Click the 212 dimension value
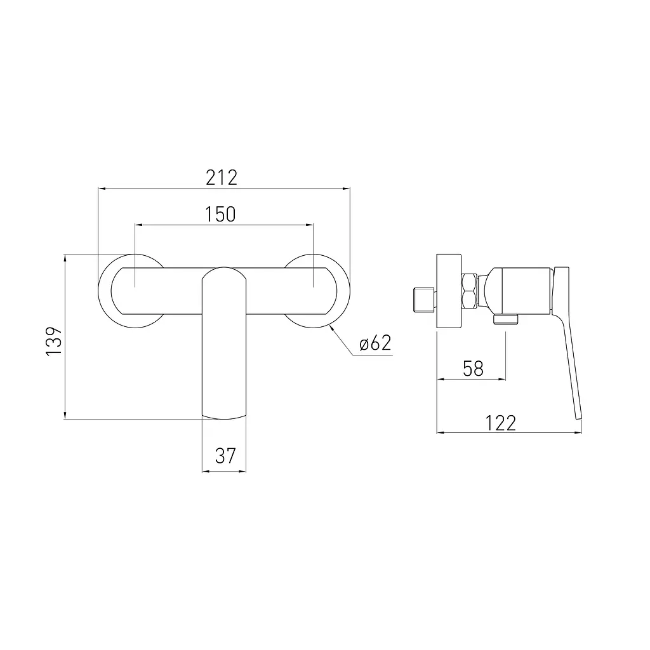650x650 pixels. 222,178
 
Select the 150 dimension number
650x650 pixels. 220,214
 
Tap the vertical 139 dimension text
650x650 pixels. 54,341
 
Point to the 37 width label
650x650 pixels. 225,456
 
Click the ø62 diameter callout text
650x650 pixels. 375,343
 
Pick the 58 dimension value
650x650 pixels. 473,369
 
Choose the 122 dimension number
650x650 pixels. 501,423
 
